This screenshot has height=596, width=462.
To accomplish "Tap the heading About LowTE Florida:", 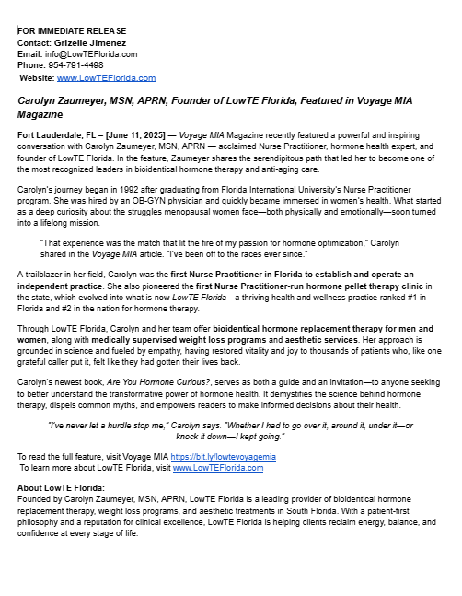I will pos(62,487).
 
